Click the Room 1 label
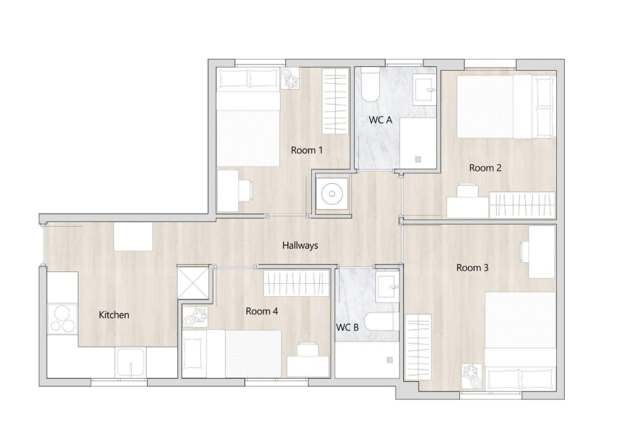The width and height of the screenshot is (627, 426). pyautogui.click(x=307, y=150)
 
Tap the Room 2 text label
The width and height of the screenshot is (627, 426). pyautogui.click(x=486, y=168)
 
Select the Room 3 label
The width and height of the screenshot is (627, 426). pyautogui.click(x=473, y=268)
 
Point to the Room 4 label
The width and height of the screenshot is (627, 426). pyautogui.click(x=261, y=311)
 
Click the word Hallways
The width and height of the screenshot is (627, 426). pyautogui.click(x=300, y=245)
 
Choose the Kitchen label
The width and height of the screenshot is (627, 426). pyautogui.click(x=114, y=315)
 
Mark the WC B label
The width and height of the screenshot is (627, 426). pyautogui.click(x=348, y=327)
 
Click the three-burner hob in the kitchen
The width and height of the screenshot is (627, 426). pyautogui.click(x=63, y=319)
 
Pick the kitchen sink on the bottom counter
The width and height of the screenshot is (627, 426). pyautogui.click(x=131, y=362)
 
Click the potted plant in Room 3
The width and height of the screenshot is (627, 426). pyautogui.click(x=471, y=376)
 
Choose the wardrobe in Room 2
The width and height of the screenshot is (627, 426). pyautogui.click(x=522, y=205)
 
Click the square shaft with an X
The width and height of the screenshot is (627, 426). pyautogui.click(x=193, y=283)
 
